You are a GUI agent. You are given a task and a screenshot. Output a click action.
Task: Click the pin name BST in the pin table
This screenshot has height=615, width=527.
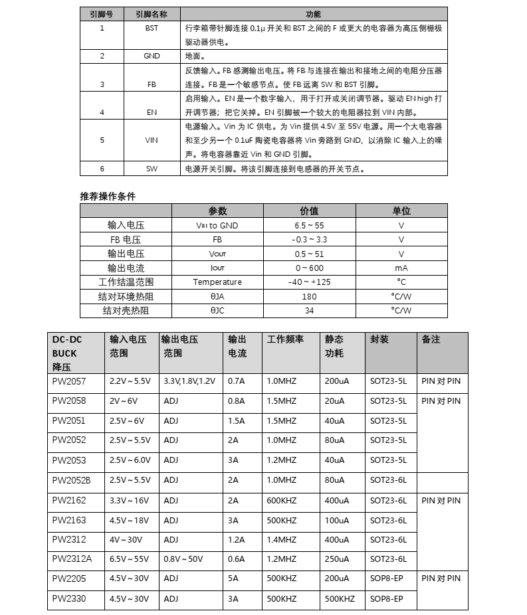pyautogui.click(x=152, y=29)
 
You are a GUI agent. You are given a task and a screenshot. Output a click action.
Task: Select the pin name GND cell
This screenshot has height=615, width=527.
pyautogui.click(x=152, y=56)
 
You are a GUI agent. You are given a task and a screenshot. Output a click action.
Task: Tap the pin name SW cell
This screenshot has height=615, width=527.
pyautogui.click(x=152, y=169)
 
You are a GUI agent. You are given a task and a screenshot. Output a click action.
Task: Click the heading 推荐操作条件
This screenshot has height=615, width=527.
pyautogui.click(x=108, y=196)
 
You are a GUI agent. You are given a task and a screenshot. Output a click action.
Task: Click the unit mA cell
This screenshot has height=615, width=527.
pyautogui.click(x=401, y=268)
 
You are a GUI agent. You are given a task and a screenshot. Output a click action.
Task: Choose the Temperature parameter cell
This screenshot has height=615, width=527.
pyautogui.click(x=217, y=282)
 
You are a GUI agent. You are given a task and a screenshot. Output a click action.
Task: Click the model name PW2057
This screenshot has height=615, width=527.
pyautogui.click(x=69, y=381)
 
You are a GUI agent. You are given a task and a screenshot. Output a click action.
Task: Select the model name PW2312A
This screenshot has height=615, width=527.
pyautogui.click(x=72, y=559)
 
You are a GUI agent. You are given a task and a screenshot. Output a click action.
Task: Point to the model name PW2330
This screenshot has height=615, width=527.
pyautogui.click(x=69, y=598)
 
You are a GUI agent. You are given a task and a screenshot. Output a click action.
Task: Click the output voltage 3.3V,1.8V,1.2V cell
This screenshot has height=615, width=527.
pyautogui.click(x=189, y=381)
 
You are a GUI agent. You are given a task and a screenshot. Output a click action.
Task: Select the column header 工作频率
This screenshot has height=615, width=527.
pyautogui.click(x=285, y=339)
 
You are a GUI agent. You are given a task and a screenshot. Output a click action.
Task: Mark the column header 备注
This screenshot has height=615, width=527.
pyautogui.click(x=431, y=339)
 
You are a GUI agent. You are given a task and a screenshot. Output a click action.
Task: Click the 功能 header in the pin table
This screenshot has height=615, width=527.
pyautogui.click(x=313, y=14)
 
